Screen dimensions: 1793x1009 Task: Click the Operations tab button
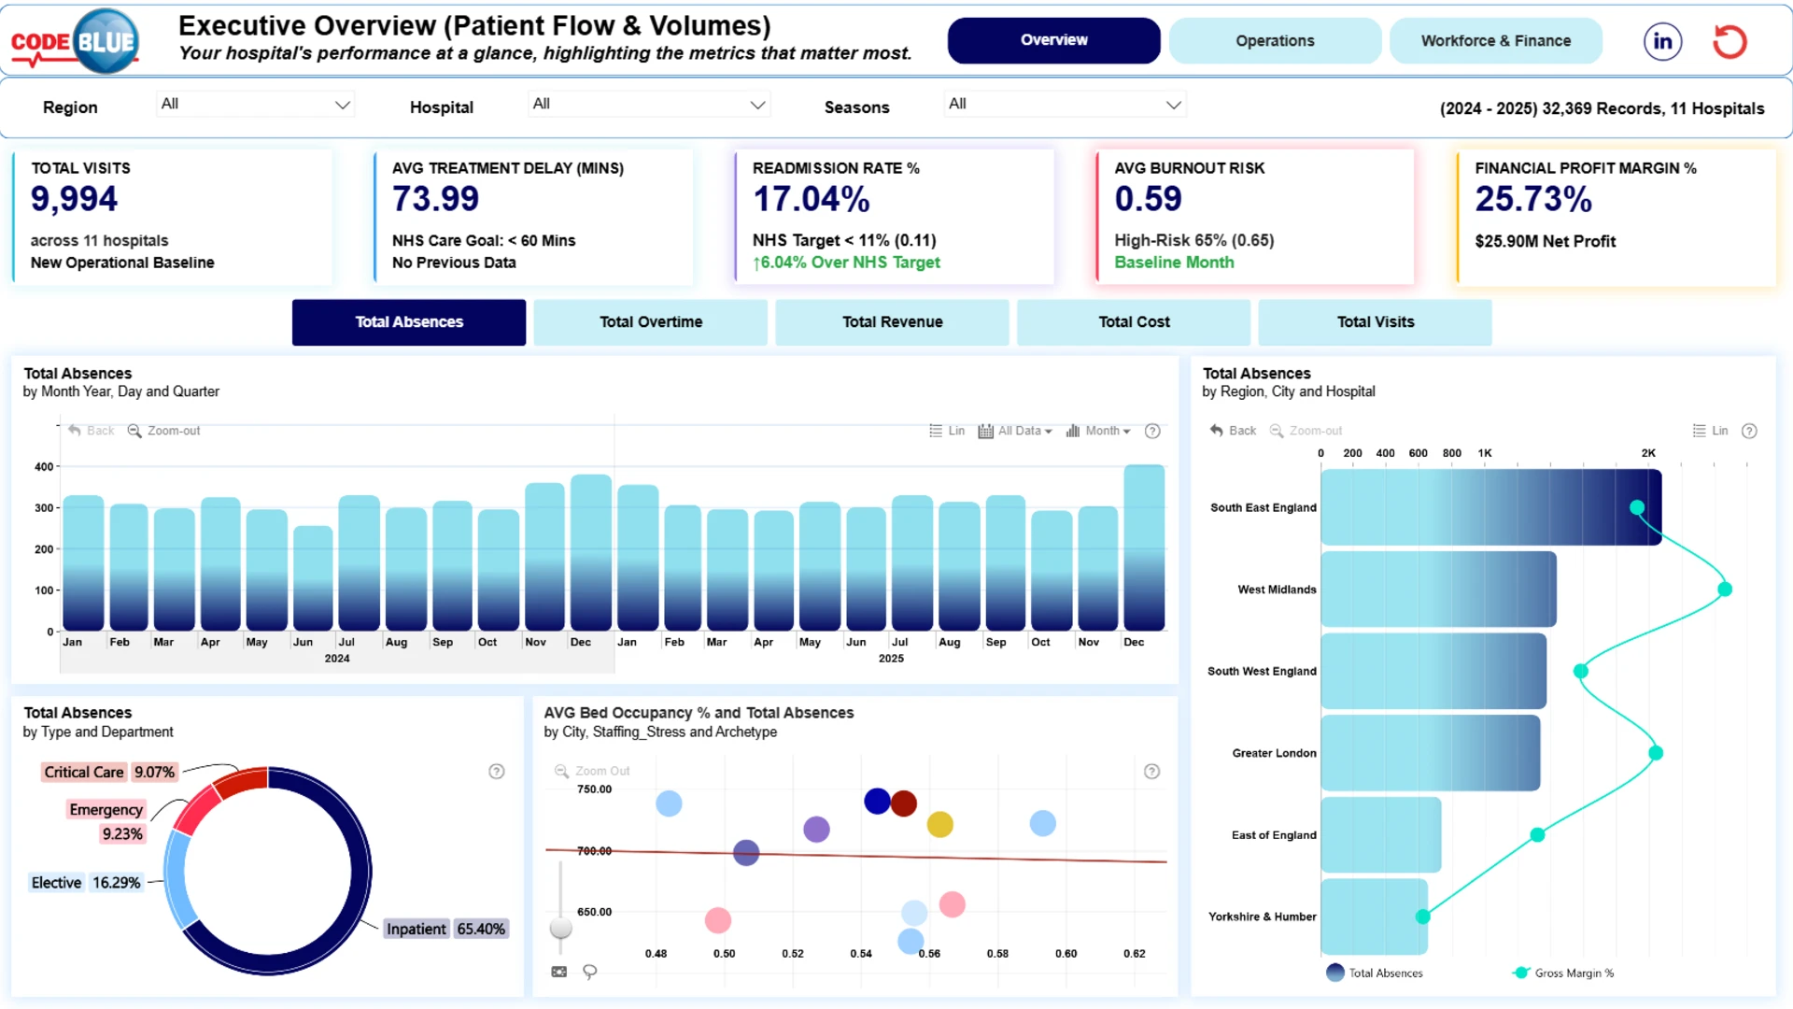1275,41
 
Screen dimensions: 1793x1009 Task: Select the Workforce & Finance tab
1496,41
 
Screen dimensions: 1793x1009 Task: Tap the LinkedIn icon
1663,41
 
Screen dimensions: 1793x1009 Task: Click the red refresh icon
1729,41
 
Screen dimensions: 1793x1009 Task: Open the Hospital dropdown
648,105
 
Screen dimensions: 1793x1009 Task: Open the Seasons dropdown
1065,105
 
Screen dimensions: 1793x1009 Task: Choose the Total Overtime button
651,322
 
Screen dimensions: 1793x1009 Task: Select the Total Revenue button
893,322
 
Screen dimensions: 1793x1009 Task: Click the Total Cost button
1134,322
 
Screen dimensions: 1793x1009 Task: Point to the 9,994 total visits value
75,199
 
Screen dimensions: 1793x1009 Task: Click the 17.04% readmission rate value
812,199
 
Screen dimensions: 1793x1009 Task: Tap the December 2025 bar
1144,547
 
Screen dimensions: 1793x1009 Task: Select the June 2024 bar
313,578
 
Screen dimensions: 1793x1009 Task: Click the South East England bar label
1264,508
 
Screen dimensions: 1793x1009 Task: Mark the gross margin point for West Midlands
1725,590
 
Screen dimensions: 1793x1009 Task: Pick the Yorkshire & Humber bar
1374,917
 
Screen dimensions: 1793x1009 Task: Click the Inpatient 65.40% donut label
446,929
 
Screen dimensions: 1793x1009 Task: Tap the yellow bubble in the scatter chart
940,825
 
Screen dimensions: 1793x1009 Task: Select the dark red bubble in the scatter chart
904,803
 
